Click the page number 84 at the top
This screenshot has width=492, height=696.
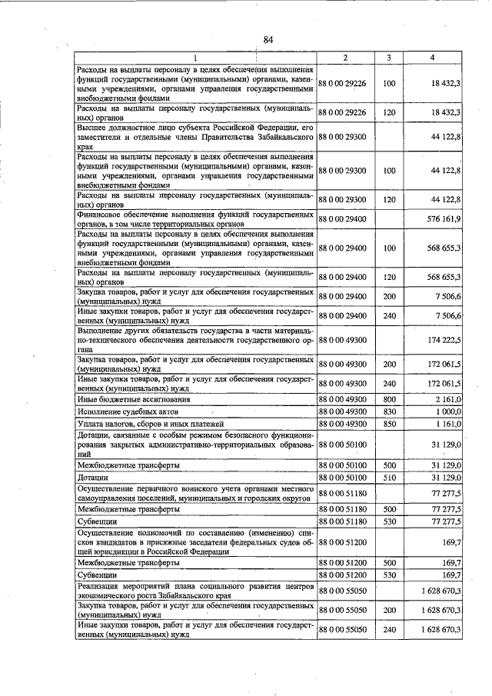tap(268, 40)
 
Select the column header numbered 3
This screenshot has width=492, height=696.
tap(389, 58)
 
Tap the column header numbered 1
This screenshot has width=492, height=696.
tap(195, 58)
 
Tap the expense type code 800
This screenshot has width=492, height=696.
tap(389, 398)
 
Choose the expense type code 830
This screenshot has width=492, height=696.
tap(389, 411)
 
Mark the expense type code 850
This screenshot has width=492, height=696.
tap(389, 424)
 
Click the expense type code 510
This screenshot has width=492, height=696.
tap(389, 478)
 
